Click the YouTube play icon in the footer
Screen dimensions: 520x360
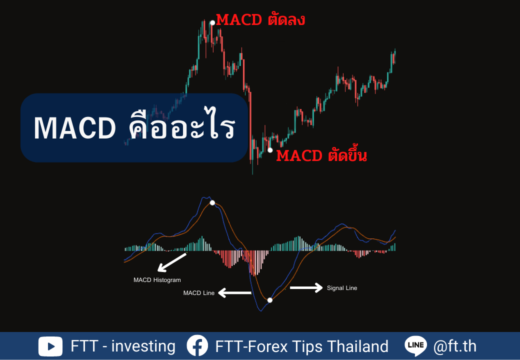pos(50,346)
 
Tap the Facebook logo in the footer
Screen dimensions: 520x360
pos(197,345)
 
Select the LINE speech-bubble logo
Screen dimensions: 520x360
pos(416,345)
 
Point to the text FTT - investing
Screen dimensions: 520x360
pos(123,346)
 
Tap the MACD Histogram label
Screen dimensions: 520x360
pos(157,280)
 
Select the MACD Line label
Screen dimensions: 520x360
pos(199,293)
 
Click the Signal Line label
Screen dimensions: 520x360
pos(342,288)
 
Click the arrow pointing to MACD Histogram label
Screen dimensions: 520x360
pos(172,262)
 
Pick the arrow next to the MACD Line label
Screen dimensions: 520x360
pos(235,292)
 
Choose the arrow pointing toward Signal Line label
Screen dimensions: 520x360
pos(306,287)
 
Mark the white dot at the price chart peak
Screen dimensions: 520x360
pos(212,23)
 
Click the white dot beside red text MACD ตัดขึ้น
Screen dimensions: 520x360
pos(270,150)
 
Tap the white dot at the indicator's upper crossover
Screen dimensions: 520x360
pos(212,203)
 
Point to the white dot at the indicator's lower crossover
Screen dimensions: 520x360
pos(270,300)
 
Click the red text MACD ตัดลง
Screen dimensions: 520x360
pos(260,19)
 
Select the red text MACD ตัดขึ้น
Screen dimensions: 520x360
pos(321,155)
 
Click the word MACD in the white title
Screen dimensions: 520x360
pos(75,128)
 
